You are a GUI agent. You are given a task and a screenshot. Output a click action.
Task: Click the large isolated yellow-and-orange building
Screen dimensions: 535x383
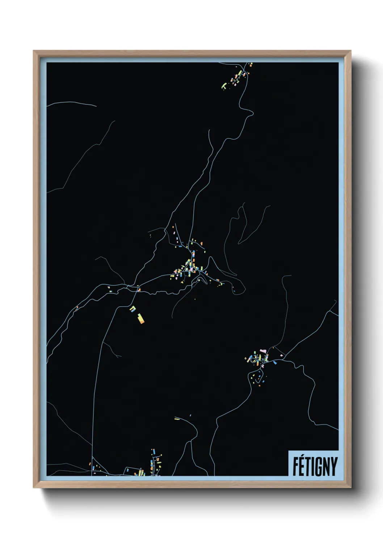click(140, 318)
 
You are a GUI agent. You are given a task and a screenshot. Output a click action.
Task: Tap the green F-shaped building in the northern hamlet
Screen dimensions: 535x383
click(224, 86)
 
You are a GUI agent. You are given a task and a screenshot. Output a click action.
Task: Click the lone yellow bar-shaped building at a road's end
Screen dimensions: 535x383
click(177, 419)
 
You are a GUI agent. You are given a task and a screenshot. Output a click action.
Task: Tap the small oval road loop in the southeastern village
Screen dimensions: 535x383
click(253, 360)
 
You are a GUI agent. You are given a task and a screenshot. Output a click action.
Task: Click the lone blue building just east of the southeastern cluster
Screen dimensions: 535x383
click(275, 362)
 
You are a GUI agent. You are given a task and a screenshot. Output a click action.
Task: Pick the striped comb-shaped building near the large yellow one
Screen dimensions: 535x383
click(133, 309)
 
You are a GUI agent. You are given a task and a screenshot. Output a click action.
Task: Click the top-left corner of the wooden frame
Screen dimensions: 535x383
click(34, 51)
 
